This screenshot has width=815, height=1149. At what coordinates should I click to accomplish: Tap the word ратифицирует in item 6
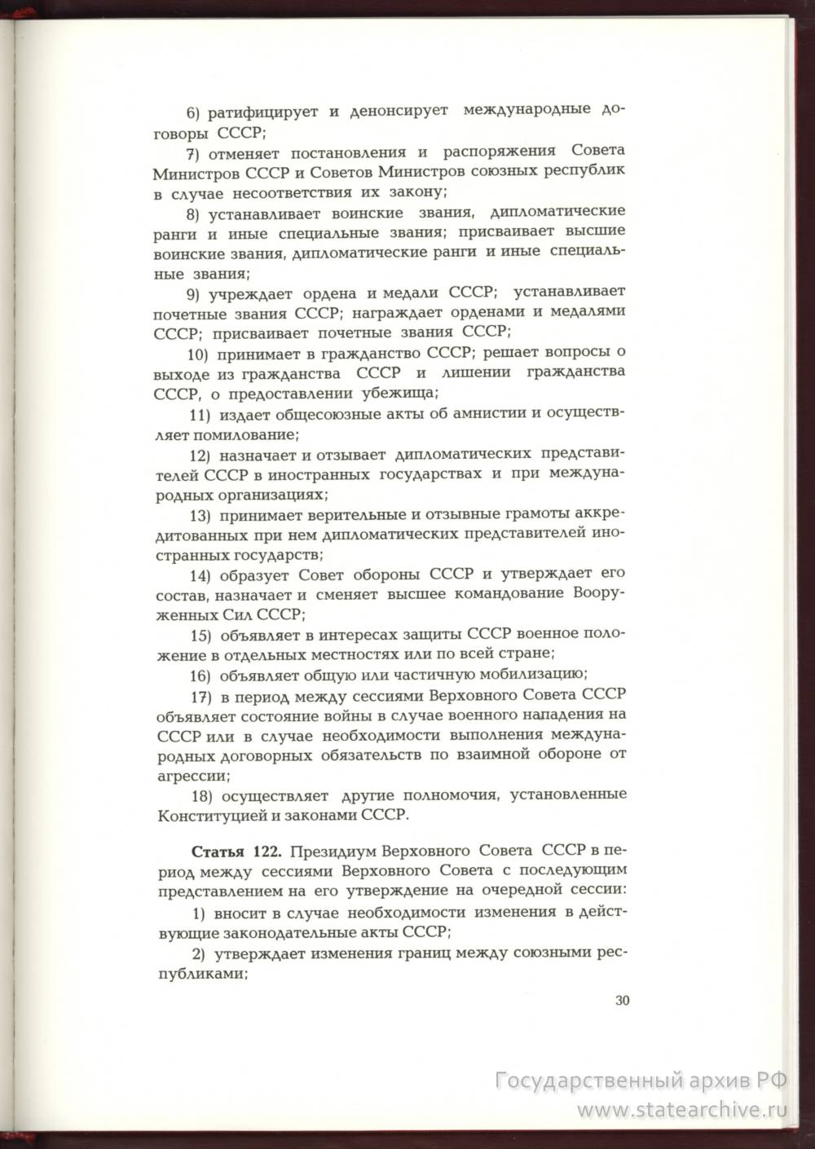pyautogui.click(x=260, y=112)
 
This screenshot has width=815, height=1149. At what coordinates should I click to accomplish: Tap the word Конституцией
pyautogui.click(x=205, y=814)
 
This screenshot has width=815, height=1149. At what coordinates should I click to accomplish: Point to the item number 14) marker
pyautogui.click(x=200, y=574)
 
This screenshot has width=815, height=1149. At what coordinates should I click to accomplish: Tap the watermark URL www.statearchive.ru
pyautogui.click(x=683, y=1109)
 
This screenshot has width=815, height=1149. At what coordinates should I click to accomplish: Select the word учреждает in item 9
pyautogui.click(x=249, y=293)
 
